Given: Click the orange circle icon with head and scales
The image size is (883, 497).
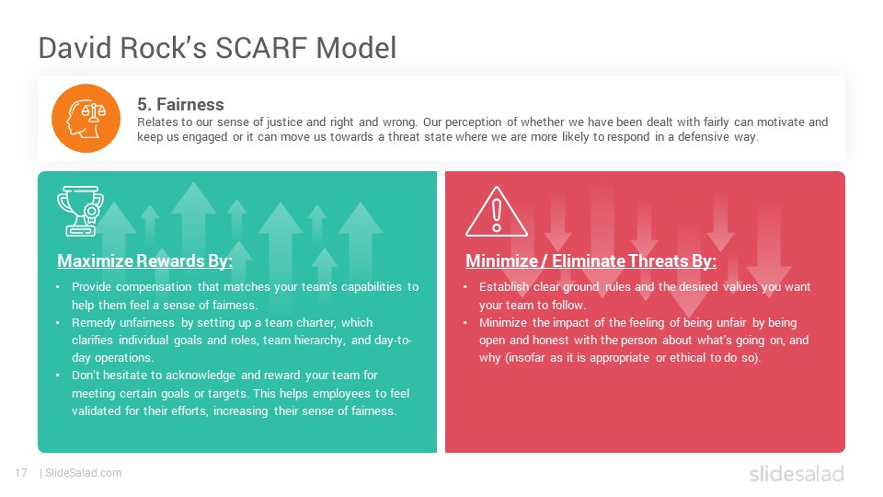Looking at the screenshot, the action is coord(86,119).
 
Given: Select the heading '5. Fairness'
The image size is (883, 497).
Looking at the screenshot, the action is coord(180,104).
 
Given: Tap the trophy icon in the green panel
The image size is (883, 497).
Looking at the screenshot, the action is coord(80,211).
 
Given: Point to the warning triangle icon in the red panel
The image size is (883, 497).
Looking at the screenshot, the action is coord(496,212).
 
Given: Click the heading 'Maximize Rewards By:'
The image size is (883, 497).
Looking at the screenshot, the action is coord(144,260).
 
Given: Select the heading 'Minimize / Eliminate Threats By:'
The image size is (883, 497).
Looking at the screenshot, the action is coord(591,260).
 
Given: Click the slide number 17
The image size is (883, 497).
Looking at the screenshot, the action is coord(21,473).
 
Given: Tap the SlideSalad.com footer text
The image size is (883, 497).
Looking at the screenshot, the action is coord(83,473).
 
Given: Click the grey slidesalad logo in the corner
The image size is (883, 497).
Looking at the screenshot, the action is coord(797,473).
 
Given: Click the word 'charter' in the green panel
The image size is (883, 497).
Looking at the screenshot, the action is coord(317,323).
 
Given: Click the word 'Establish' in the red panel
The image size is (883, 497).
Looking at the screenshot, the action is coord(503,287).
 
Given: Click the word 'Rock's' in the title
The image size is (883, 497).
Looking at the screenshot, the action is coord(164,48).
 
